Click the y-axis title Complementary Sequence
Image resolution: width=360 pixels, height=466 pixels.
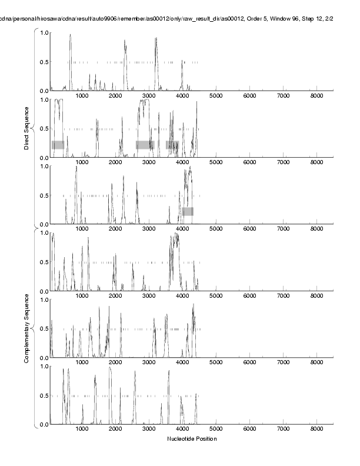tap(26, 331)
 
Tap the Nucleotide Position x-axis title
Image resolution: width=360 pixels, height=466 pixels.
tap(192, 439)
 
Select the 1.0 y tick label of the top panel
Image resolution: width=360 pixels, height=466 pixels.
tap(45, 32)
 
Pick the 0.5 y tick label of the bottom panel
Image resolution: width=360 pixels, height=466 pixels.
tap(45, 395)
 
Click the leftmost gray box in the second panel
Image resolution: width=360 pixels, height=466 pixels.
tap(58, 145)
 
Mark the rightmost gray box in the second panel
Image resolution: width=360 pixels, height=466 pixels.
tap(172, 145)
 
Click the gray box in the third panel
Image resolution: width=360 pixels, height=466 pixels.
tap(188, 211)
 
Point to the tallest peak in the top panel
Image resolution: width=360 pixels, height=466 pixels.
tap(70, 35)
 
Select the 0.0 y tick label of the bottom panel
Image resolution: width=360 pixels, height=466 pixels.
tap(45, 424)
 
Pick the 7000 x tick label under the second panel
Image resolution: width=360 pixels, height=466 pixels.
tap(284, 163)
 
